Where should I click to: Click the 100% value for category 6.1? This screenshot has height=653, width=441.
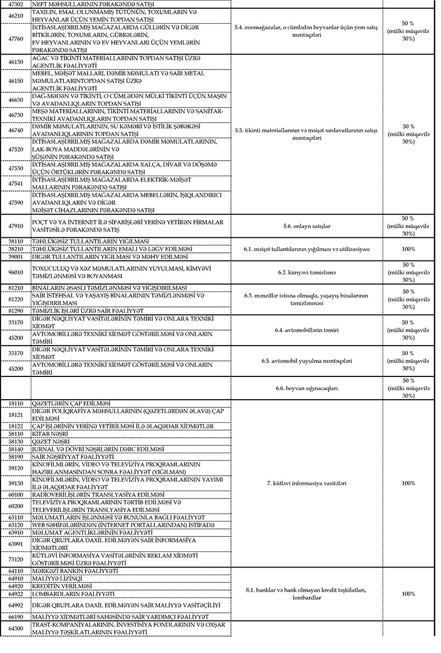point(408,249)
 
